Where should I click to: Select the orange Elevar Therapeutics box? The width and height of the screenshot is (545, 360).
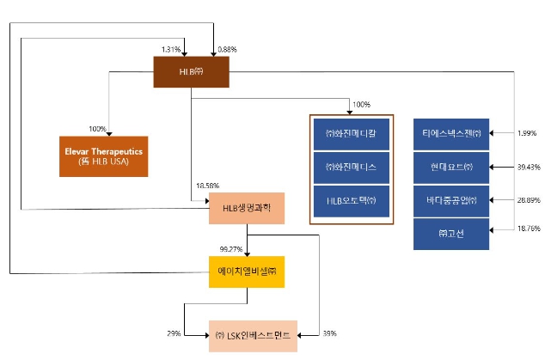(102, 156)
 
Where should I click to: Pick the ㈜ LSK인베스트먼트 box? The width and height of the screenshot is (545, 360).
(254, 335)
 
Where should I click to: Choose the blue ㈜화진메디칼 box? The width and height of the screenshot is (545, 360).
(351, 134)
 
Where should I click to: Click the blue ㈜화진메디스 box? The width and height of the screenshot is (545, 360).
(351, 167)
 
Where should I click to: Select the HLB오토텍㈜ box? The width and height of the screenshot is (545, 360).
(351, 200)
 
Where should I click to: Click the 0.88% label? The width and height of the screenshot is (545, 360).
(228, 48)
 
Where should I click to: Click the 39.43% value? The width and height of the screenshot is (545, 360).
(528, 168)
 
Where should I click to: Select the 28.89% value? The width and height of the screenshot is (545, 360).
(528, 200)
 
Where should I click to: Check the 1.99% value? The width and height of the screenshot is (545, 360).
(526, 134)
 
